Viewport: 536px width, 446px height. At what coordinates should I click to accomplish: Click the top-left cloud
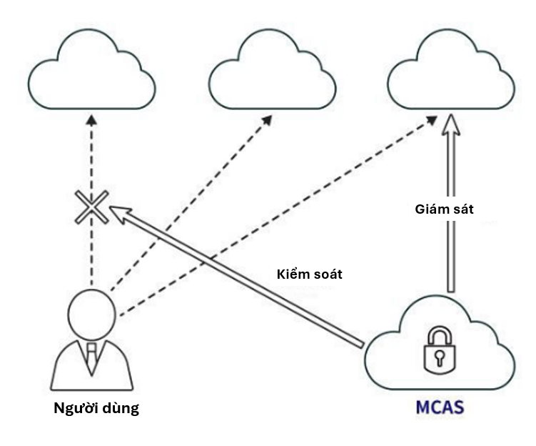click(x=92, y=72)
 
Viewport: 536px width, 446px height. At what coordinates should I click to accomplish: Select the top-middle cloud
click(x=271, y=72)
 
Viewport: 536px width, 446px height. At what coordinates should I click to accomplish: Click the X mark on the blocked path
click(x=91, y=207)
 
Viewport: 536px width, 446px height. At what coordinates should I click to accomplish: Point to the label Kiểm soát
click(x=309, y=274)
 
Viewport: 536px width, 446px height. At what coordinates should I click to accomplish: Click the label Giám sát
click(x=444, y=209)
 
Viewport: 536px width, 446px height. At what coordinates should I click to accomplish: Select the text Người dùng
click(x=96, y=410)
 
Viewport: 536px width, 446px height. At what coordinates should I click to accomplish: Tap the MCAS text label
click(x=440, y=410)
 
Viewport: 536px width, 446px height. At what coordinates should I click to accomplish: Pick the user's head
click(x=91, y=314)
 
